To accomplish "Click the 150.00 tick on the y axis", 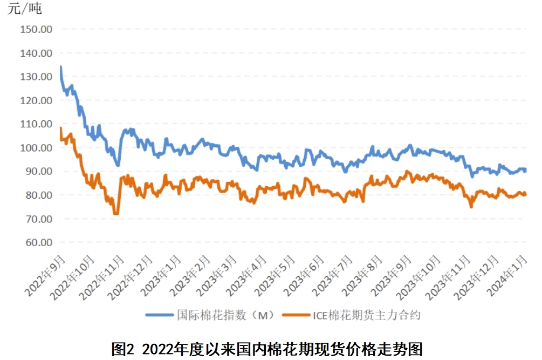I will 36,29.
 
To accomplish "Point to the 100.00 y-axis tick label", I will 36,147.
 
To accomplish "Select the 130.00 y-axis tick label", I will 36,77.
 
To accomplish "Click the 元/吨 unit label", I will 24,9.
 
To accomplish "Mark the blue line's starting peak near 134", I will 60,67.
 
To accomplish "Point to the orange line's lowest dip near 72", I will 115,214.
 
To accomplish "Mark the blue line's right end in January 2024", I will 525,170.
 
